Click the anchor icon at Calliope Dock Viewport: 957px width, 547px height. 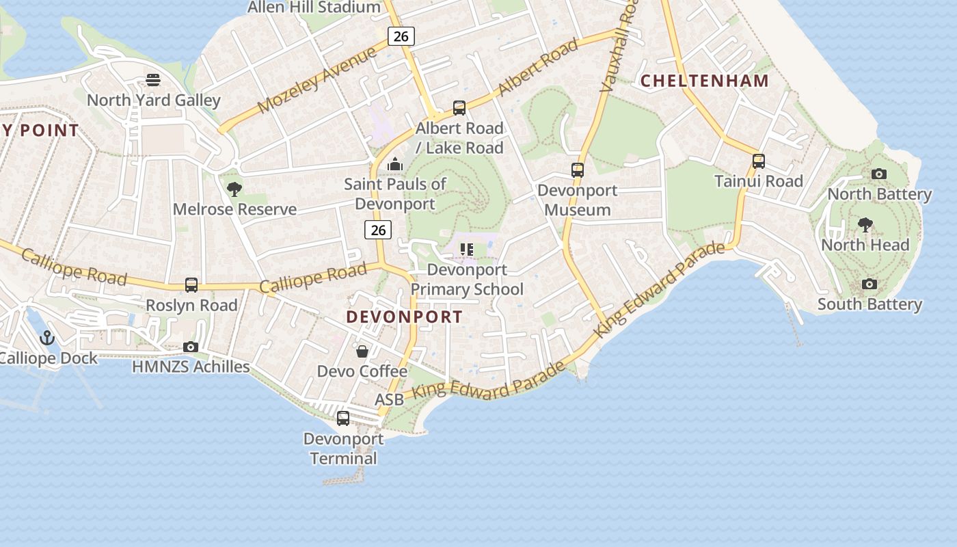point(47,337)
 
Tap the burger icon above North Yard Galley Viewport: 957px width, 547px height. point(153,80)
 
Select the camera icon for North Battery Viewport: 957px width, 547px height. point(879,174)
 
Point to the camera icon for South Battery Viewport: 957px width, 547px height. point(870,284)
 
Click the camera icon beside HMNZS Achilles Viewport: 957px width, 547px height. point(191,347)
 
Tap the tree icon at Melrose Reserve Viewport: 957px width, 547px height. point(234,189)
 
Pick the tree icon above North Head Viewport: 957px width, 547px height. point(865,224)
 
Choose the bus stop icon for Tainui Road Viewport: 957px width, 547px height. point(759,161)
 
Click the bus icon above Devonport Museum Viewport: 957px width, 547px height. point(578,170)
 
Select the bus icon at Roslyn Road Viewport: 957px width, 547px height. point(191,285)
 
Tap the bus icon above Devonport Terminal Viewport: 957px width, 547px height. point(343,418)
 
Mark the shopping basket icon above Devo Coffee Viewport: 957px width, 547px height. point(362,351)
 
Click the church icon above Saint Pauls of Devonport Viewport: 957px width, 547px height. point(394,164)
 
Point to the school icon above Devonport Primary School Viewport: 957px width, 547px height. point(468,250)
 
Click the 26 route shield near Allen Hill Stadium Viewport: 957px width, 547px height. point(401,36)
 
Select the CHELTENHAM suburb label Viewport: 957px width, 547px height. point(705,81)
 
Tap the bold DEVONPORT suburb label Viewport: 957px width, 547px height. point(404,317)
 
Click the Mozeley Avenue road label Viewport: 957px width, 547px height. point(318,79)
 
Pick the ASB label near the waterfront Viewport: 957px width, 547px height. point(389,399)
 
